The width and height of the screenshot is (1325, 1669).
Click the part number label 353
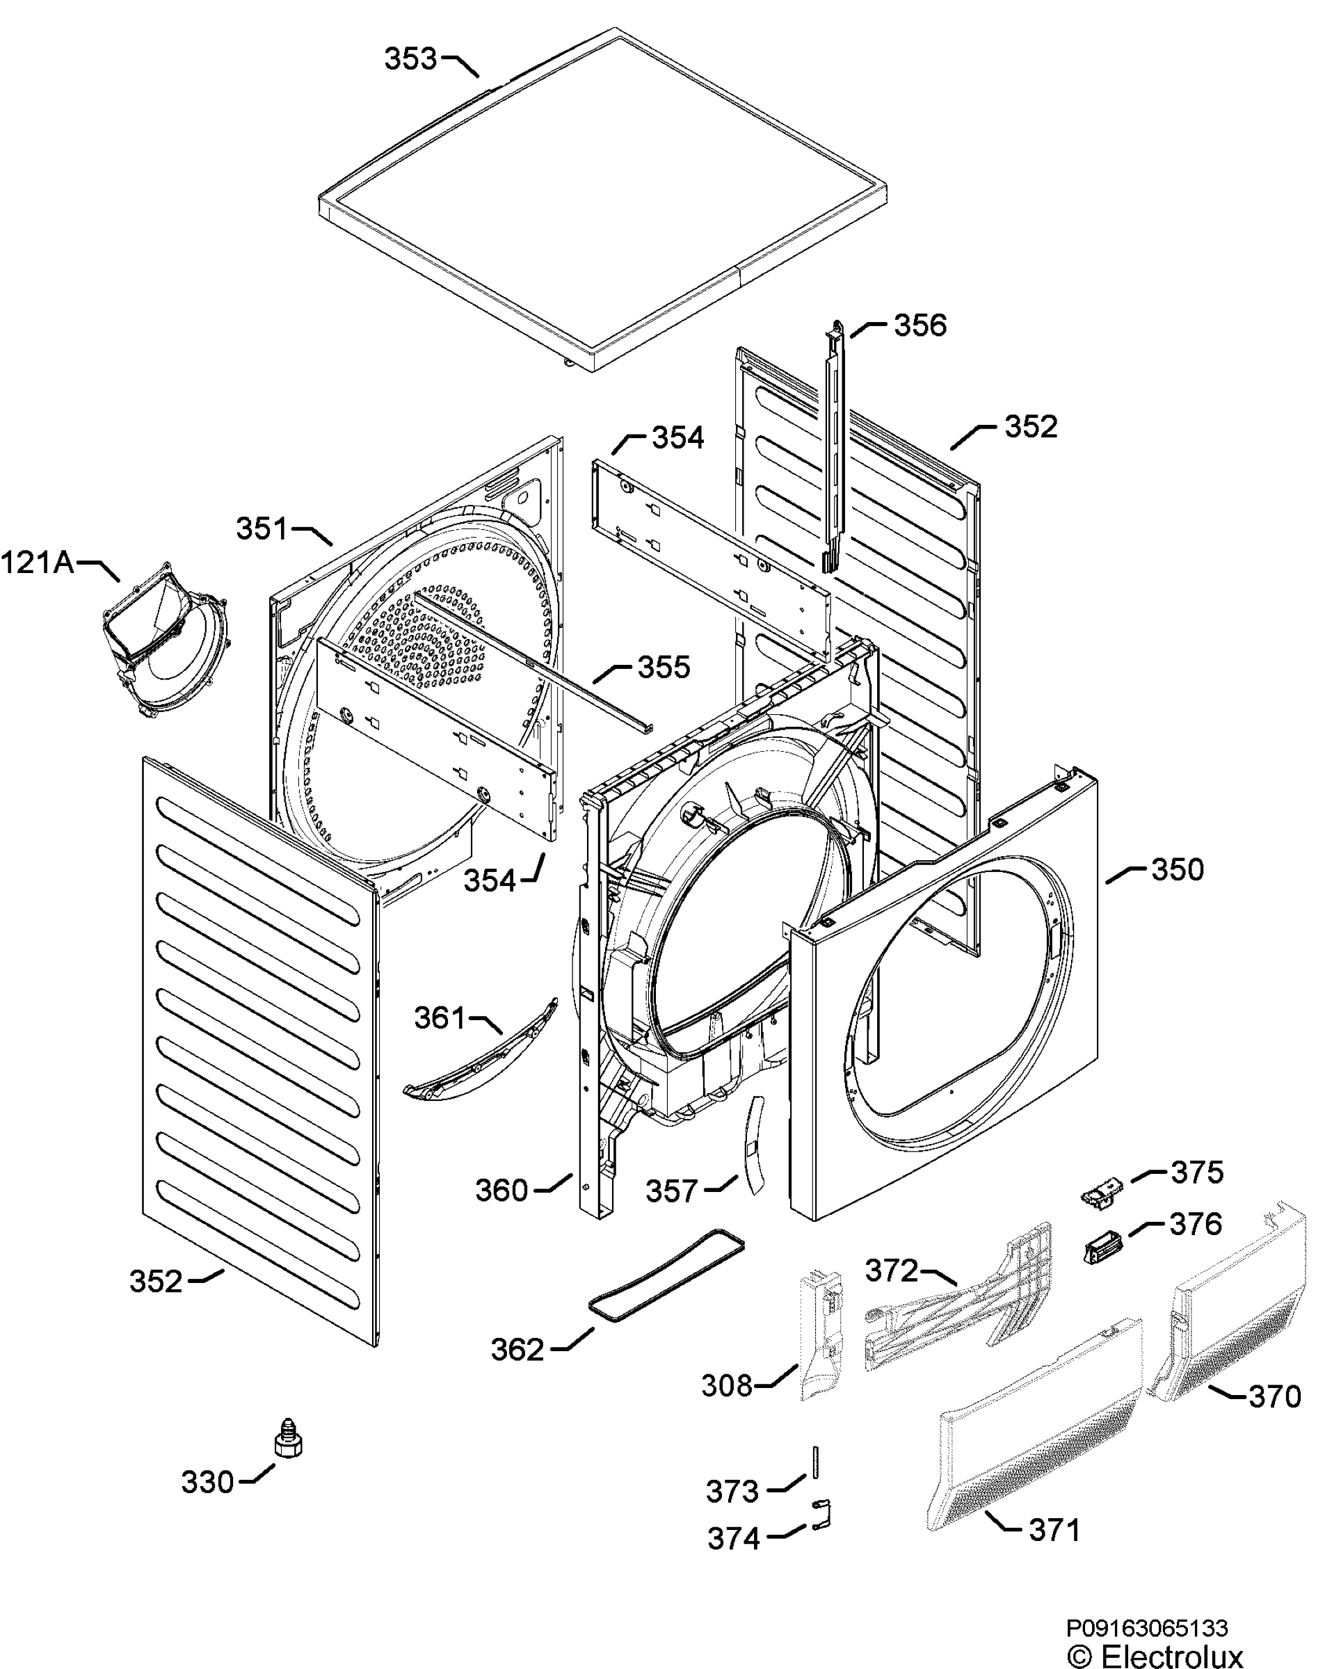(x=410, y=59)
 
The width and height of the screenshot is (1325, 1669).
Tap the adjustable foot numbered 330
(x=289, y=1438)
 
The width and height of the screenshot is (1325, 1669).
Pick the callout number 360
(x=501, y=1191)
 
